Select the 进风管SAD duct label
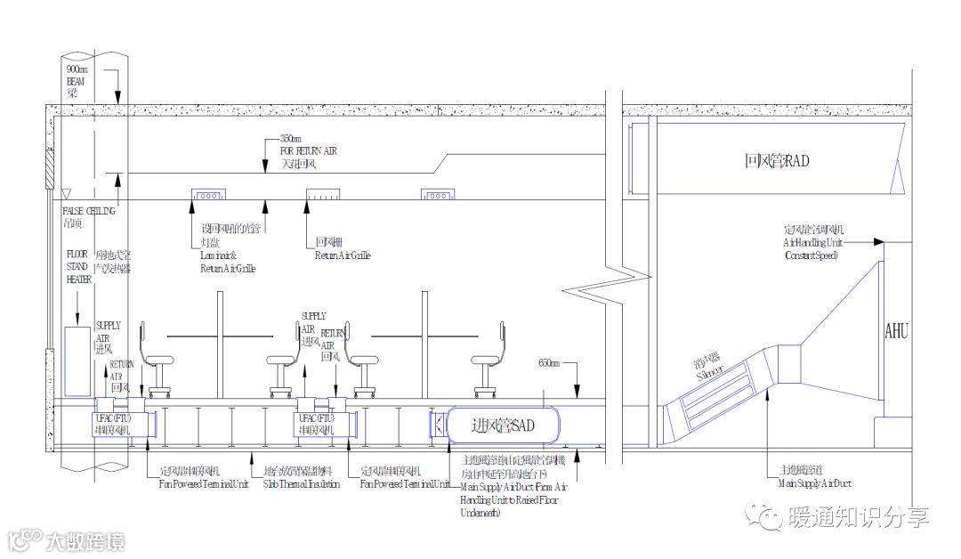pos(503,425)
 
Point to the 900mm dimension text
pos(77,69)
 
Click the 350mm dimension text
pos(291,139)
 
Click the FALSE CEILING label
pos(89,211)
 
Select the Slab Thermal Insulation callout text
pos(299,484)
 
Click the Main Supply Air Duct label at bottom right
pos(814,484)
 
